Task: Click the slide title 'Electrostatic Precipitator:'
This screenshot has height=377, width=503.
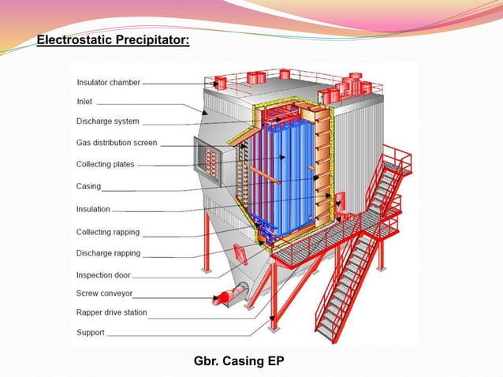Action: tap(113, 40)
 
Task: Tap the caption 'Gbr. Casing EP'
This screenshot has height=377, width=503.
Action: tap(239, 361)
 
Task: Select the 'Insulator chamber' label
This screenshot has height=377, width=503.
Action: tap(109, 83)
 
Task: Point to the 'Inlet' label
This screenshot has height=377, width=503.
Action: tap(84, 102)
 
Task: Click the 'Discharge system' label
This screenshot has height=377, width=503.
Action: tap(108, 121)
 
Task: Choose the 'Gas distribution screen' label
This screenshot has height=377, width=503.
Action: tap(117, 143)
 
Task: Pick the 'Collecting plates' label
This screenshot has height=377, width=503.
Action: tap(105, 164)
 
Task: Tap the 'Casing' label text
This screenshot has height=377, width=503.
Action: tap(88, 186)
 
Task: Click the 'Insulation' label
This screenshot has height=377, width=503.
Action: tap(93, 209)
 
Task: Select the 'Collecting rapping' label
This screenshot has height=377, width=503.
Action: tap(108, 232)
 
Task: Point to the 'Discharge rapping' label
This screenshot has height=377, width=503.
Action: tap(109, 253)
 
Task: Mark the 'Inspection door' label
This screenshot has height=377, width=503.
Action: tap(103, 275)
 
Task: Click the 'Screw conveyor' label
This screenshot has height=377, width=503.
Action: tap(104, 293)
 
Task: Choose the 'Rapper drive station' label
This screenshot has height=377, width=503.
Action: tap(112, 312)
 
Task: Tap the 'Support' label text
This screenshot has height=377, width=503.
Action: tap(91, 333)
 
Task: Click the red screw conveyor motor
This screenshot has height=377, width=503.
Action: tap(225, 297)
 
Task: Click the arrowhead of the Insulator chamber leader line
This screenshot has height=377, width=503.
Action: tap(215, 84)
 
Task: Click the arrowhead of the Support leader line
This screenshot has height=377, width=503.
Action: tap(273, 319)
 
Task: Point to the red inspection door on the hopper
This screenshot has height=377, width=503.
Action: tap(240, 254)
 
